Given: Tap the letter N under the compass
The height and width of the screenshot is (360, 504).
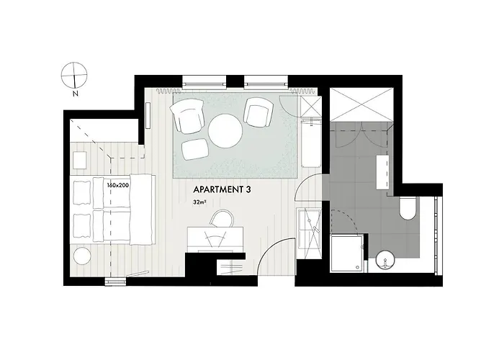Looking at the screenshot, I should (x=74, y=94).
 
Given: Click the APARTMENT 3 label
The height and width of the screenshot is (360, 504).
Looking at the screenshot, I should (x=222, y=190).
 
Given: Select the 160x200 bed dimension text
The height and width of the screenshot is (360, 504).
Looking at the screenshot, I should (x=117, y=185).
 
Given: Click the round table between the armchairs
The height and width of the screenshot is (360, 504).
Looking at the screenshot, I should (x=225, y=131).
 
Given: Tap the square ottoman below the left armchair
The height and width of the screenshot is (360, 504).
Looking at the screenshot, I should (x=194, y=149).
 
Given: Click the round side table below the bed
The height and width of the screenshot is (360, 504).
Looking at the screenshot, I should (x=81, y=256).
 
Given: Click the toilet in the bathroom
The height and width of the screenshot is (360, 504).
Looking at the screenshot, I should (x=406, y=210).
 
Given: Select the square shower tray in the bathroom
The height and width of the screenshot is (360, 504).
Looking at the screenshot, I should (x=346, y=253).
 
